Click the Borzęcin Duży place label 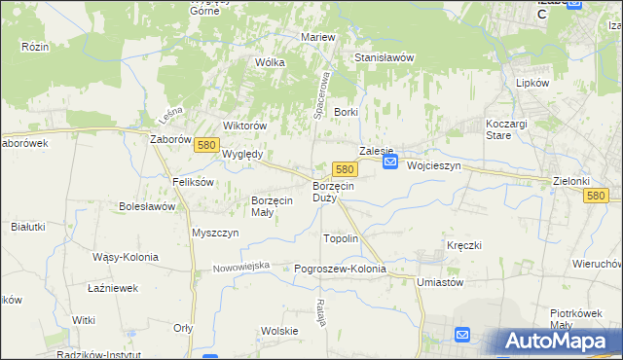[x=332, y=192]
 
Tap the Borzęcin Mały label [x=272, y=205]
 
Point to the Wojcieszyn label [x=434, y=165]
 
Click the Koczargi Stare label [x=506, y=129]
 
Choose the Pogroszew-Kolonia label [x=340, y=269]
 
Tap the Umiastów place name [x=439, y=281]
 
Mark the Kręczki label [x=465, y=245]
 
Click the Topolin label [x=341, y=238]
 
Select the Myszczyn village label [x=215, y=234]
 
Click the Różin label [x=35, y=46]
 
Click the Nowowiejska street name [x=240, y=267]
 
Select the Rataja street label [x=319, y=313]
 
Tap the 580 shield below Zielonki [x=598, y=196]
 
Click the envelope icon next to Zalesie [x=389, y=162]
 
